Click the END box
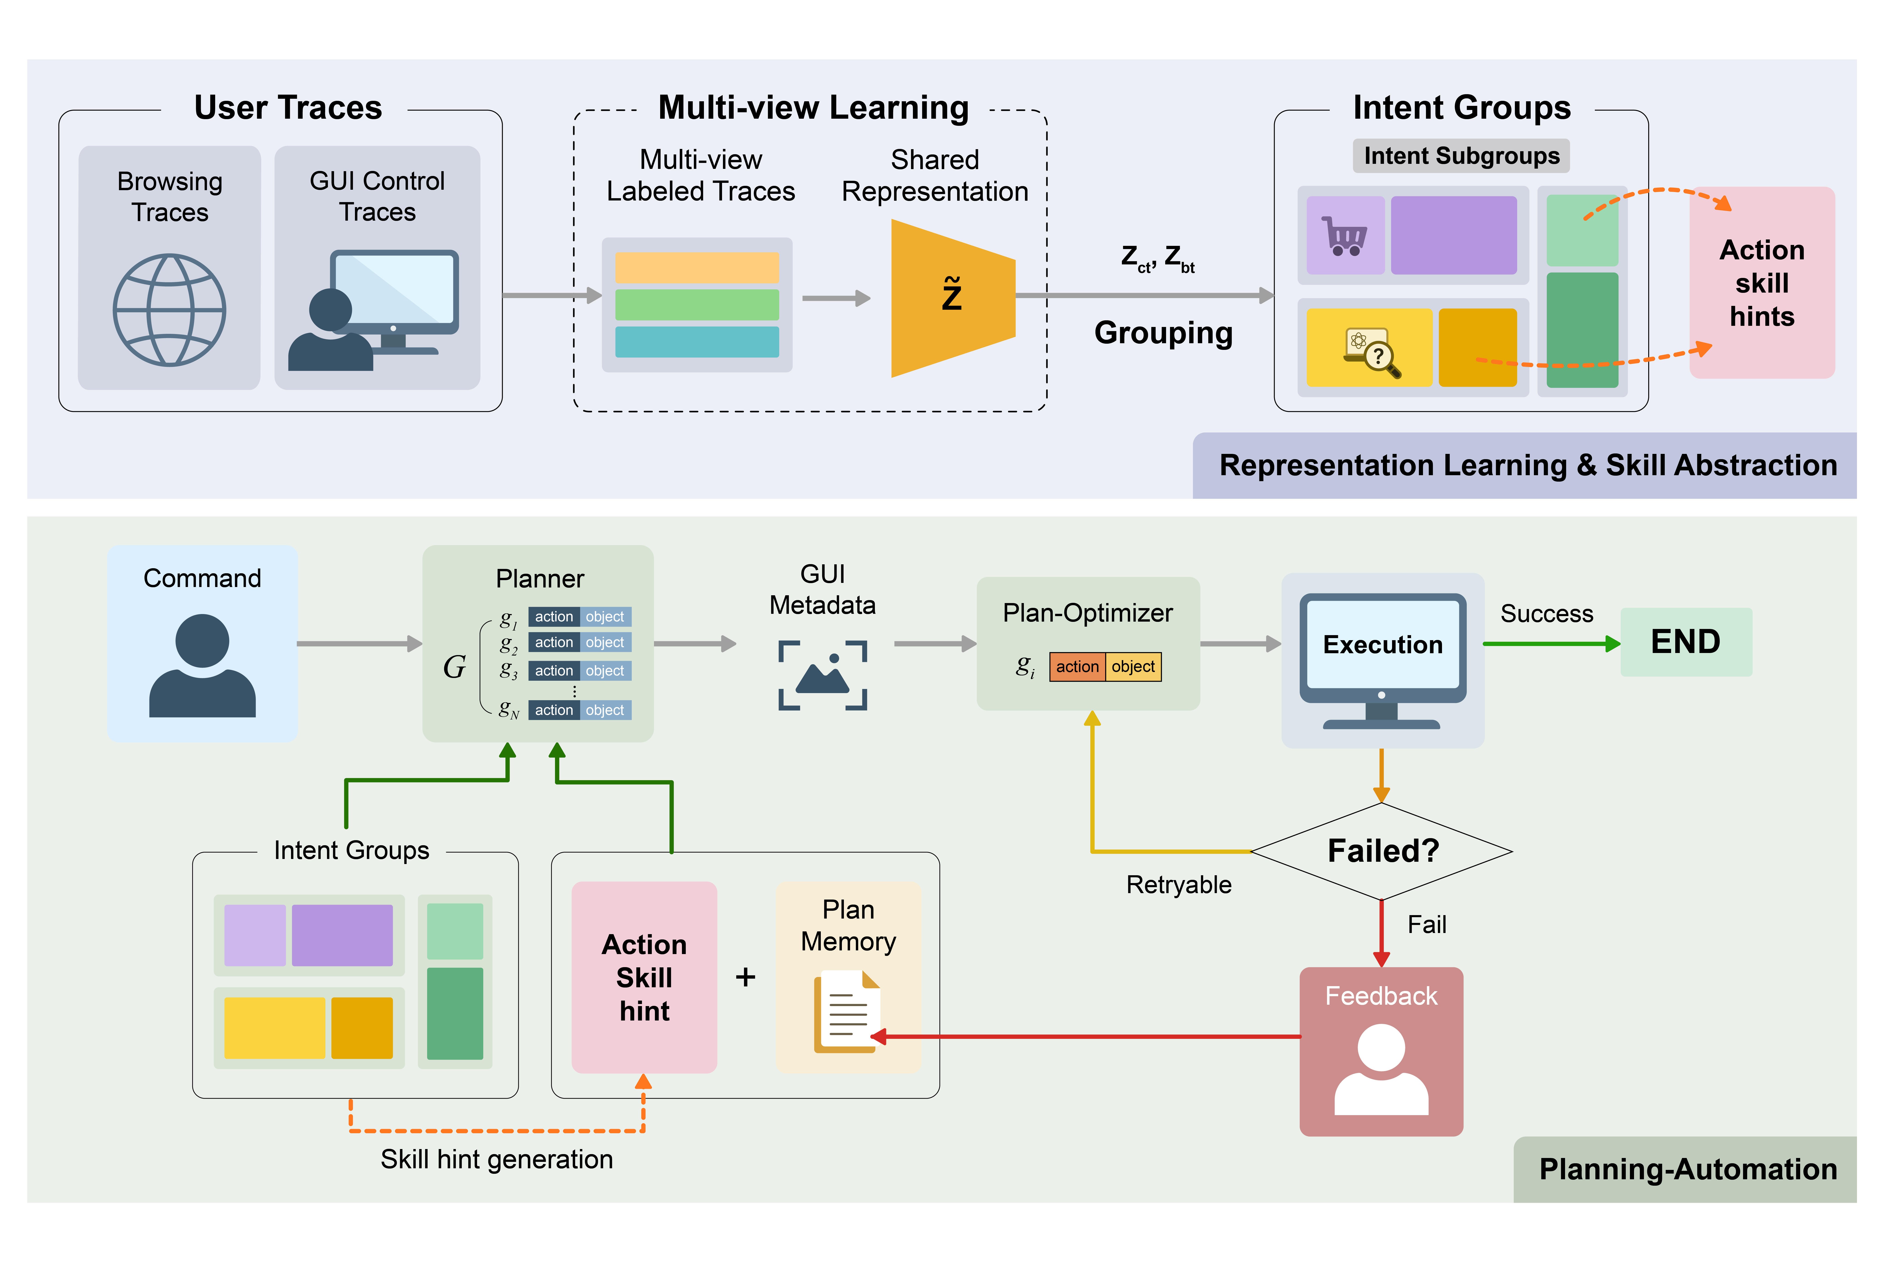coord(1685,641)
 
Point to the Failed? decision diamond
coord(1382,851)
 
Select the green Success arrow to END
coord(1551,644)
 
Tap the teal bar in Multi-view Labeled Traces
coord(697,342)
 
